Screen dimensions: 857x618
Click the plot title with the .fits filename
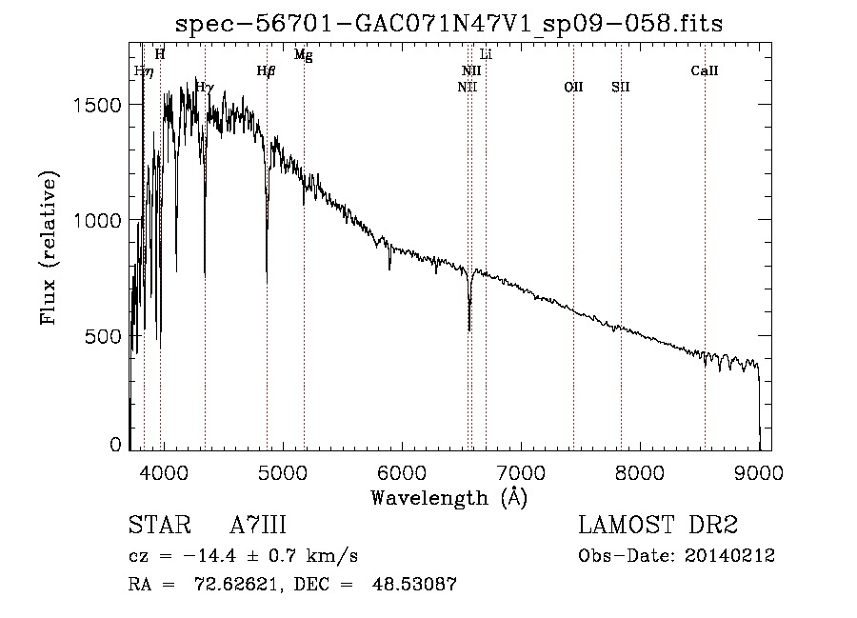(448, 24)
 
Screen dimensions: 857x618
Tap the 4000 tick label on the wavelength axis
(164, 472)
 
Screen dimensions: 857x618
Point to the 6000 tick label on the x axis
(402, 472)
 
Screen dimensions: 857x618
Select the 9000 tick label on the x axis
(759, 472)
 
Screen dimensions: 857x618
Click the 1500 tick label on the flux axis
(97, 105)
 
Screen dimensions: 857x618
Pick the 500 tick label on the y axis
(103, 336)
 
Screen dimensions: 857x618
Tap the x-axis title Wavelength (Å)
(449, 498)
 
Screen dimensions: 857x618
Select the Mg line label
(304, 54)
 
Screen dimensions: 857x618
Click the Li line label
(486, 54)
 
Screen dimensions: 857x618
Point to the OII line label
(573, 87)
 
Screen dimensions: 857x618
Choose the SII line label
(620, 87)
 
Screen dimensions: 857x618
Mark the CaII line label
(704, 70)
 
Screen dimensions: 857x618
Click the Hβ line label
(267, 71)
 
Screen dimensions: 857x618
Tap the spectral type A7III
(258, 525)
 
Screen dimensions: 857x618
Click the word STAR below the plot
(160, 525)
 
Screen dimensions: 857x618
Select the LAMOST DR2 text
(658, 525)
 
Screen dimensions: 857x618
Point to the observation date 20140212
(729, 556)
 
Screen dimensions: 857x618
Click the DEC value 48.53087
(414, 584)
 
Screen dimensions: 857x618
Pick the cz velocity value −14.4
(209, 556)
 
